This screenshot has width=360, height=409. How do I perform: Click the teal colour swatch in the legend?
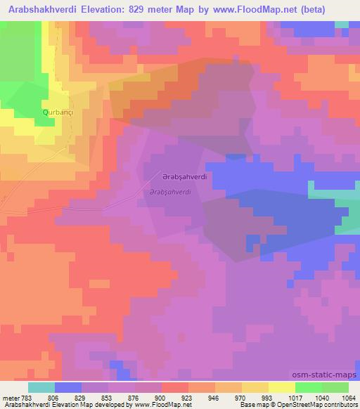pos(41,387)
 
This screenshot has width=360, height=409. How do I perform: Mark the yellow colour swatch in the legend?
pos(282,387)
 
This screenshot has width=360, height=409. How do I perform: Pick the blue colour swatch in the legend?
pos(68,387)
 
